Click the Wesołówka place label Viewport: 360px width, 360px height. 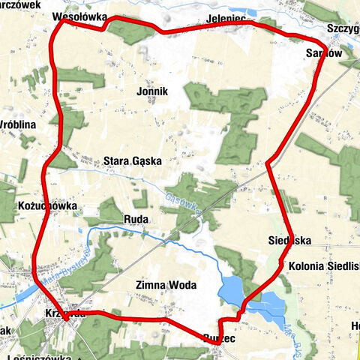[79, 16]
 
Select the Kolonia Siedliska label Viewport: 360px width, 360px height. [321, 266]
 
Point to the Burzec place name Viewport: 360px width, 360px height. [218, 339]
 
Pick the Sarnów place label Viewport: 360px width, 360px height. [325, 54]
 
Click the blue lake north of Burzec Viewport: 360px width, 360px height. [232, 287]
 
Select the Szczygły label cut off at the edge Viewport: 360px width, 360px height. [343, 29]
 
